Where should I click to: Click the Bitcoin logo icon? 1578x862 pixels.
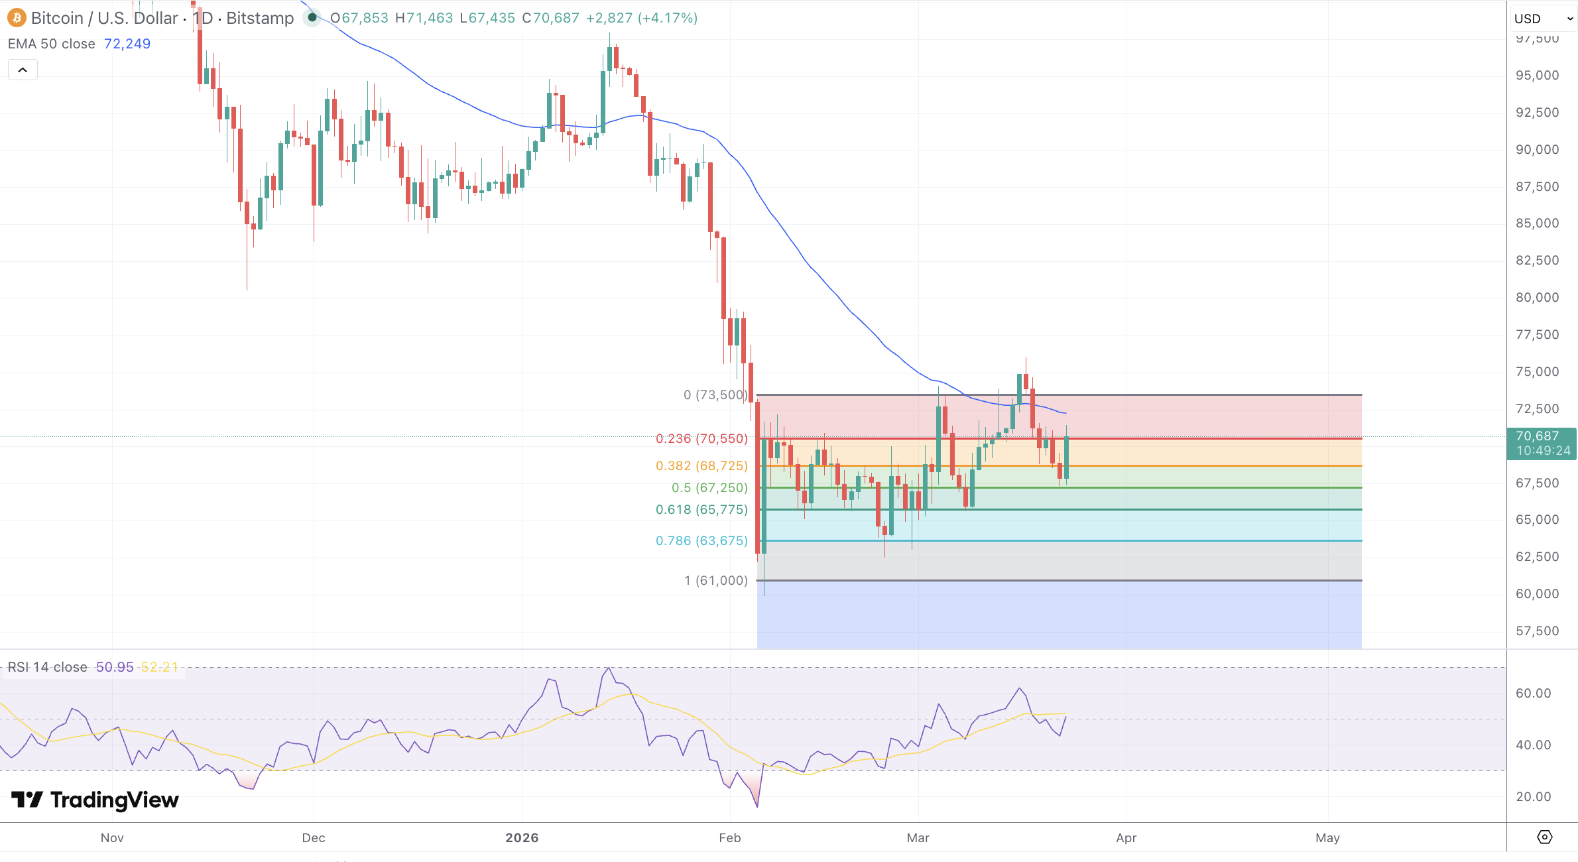point(17,18)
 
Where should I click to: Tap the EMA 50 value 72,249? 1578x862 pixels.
point(127,44)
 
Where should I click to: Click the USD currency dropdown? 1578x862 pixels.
point(1543,19)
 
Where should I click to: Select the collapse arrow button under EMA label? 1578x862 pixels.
point(23,70)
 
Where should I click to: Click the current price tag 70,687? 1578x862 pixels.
point(1541,436)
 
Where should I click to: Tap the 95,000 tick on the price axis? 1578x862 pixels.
point(1537,76)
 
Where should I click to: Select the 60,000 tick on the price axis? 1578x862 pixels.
point(1537,594)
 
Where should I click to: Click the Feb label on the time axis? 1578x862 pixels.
point(729,837)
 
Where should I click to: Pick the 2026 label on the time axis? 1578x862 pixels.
point(522,837)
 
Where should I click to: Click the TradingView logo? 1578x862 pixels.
point(95,800)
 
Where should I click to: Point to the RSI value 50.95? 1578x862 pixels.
point(115,667)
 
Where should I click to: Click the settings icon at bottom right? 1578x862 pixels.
point(1544,837)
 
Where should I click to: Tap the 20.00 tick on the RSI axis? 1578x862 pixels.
point(1533,796)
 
